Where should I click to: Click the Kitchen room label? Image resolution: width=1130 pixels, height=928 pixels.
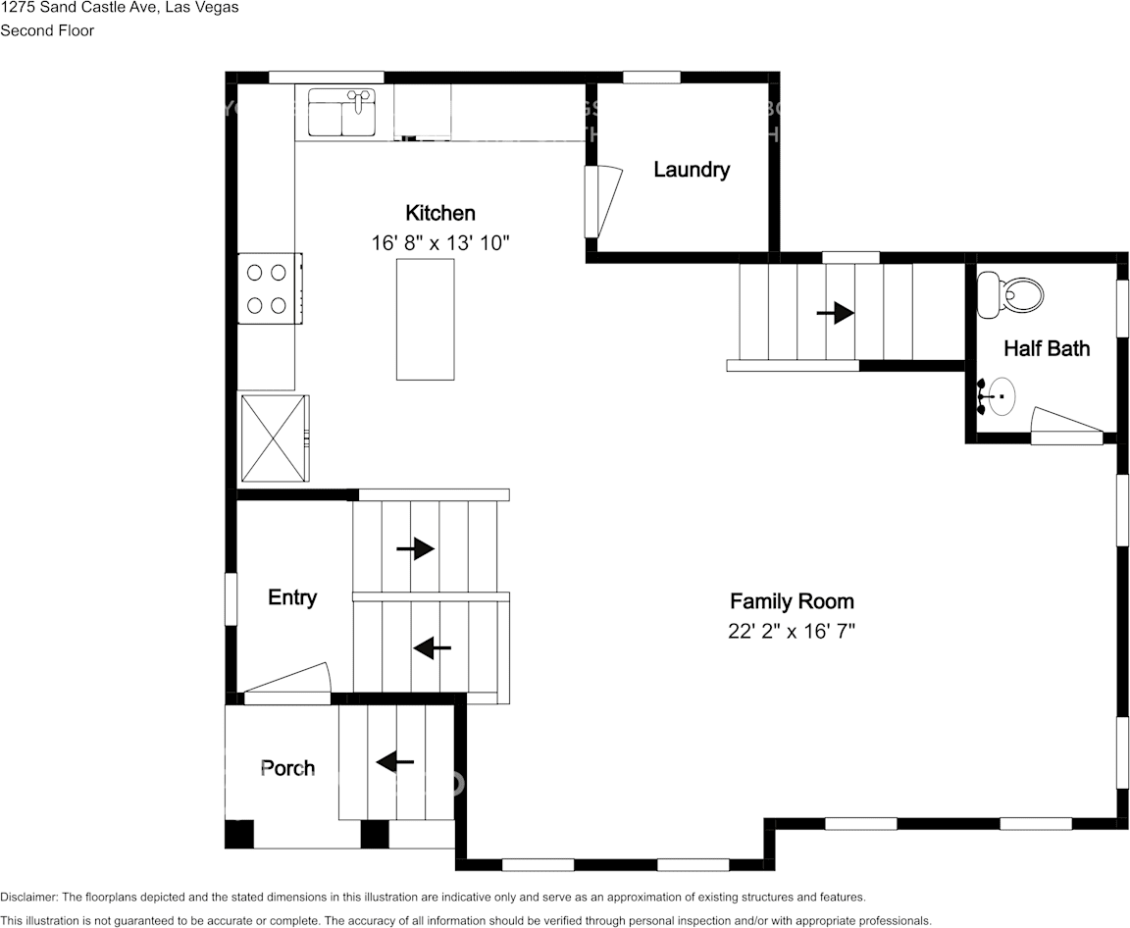point(440,213)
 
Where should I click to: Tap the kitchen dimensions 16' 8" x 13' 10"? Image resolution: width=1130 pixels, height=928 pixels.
point(440,242)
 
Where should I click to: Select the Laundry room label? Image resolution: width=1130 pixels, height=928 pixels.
point(692,170)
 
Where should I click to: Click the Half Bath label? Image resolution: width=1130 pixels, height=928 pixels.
point(1046,348)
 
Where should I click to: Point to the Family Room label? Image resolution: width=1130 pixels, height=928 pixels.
point(792,601)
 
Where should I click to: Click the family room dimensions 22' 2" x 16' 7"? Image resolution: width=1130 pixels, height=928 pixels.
point(792,632)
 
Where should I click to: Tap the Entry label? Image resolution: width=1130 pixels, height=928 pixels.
point(292,597)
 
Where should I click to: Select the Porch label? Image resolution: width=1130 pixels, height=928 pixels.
point(287,768)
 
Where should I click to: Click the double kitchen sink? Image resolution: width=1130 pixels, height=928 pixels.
point(342,113)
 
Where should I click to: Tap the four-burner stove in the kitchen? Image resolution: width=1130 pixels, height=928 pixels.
point(268,288)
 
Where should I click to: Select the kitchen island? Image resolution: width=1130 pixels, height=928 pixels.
point(425,319)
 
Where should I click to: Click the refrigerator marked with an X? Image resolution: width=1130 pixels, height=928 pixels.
point(273,438)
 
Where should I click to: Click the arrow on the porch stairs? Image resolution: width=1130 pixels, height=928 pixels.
point(395,761)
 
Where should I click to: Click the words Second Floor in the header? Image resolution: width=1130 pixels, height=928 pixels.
point(47,30)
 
